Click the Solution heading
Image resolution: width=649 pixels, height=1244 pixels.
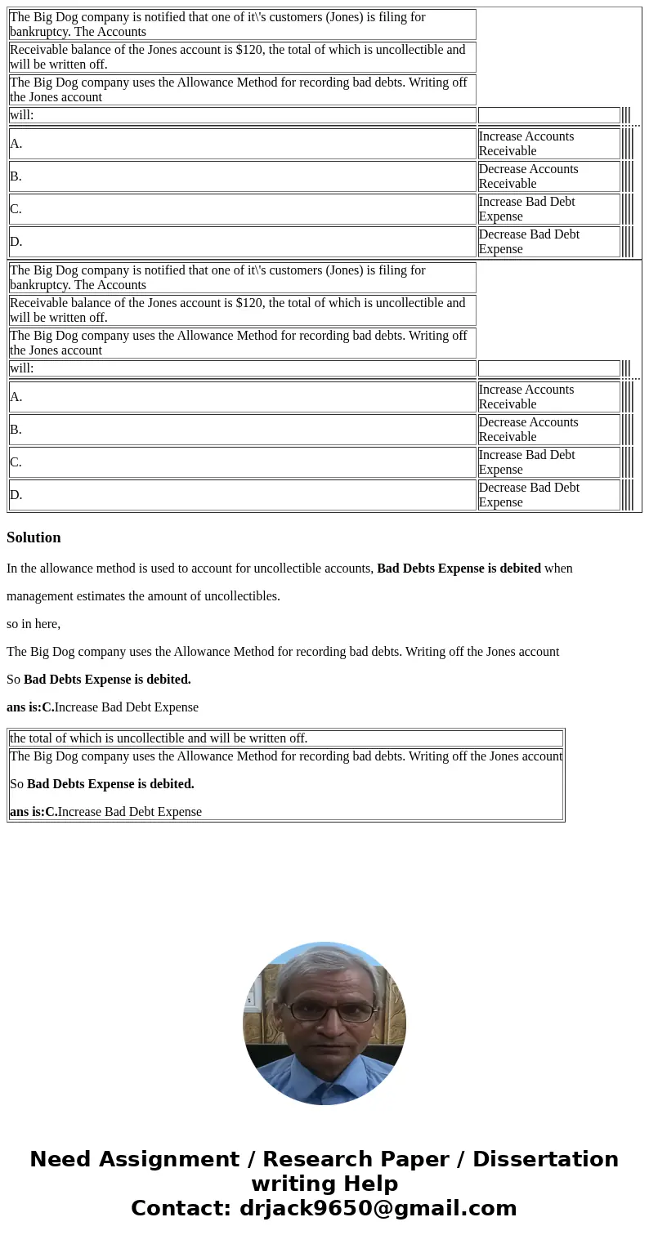click(x=34, y=537)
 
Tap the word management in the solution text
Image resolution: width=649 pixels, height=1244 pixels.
click(x=40, y=596)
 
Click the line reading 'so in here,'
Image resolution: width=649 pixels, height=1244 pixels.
click(x=34, y=624)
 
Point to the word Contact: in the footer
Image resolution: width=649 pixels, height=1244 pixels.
click(x=181, y=1209)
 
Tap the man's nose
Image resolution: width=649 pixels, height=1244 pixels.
click(x=325, y=1026)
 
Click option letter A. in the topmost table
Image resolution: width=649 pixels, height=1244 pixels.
click(x=16, y=144)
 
